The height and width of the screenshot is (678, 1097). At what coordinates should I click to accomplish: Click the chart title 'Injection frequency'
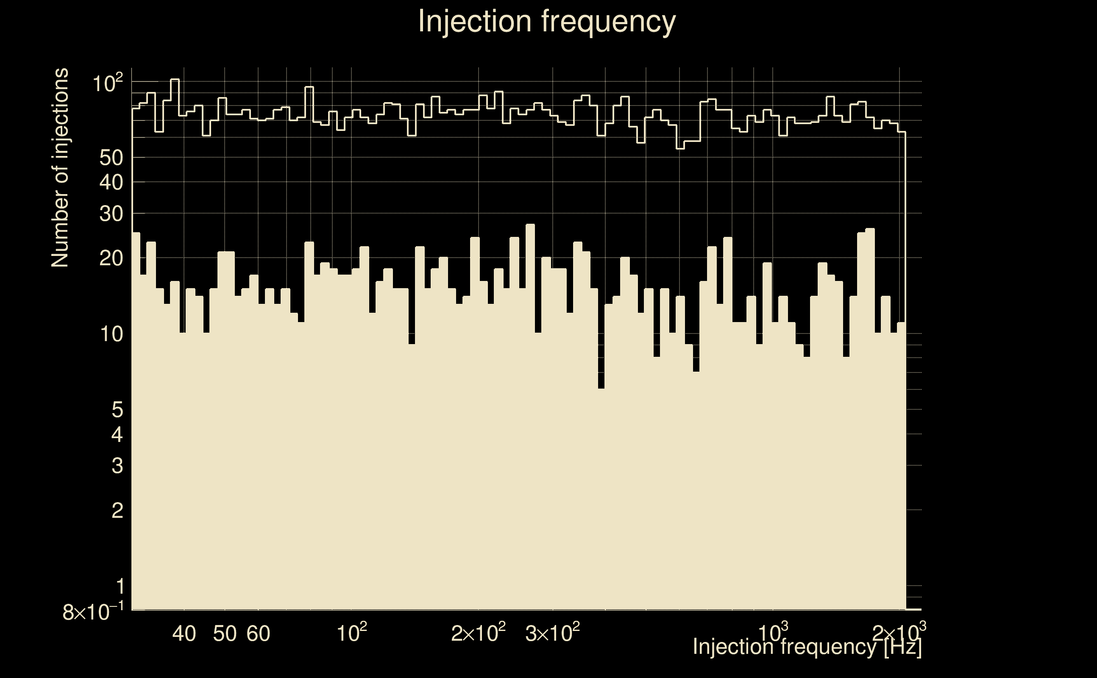tap(547, 21)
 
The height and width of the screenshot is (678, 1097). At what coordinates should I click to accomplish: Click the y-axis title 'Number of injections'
tap(60, 168)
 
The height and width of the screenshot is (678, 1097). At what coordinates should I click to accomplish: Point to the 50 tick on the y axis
tap(111, 158)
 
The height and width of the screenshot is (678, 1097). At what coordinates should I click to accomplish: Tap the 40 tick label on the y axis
tap(111, 183)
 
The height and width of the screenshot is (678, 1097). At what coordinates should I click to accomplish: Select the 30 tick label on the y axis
tap(111, 214)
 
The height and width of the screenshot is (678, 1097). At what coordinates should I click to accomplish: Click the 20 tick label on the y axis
tap(111, 258)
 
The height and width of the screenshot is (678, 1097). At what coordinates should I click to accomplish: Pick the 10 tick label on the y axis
tap(111, 334)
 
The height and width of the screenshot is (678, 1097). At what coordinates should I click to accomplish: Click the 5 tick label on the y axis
tap(117, 409)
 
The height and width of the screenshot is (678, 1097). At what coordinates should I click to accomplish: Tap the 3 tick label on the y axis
tap(117, 466)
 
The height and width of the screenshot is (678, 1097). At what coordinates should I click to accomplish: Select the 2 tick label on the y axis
tap(117, 510)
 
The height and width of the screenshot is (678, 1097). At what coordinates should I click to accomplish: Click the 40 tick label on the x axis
tap(184, 634)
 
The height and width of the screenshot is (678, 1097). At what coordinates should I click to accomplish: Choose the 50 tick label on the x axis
tap(225, 634)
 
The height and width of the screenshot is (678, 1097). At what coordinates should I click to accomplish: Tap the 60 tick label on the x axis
tap(258, 634)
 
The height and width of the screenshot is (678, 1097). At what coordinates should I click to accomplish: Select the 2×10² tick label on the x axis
tap(478, 633)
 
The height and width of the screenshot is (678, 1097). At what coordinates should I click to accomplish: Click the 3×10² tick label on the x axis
tap(552, 633)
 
